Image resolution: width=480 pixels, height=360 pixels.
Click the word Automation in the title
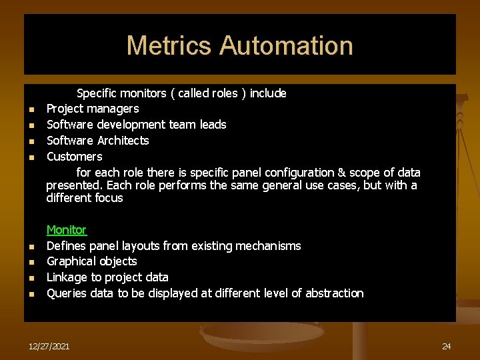pos(286,46)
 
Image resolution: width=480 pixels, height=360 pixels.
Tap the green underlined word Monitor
pos(66,230)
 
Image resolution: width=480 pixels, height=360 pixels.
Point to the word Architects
pos(123,141)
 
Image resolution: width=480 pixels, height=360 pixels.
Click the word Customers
pos(74,157)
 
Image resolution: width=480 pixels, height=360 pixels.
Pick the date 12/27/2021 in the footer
pos(49,346)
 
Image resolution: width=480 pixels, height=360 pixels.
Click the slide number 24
pos(446,346)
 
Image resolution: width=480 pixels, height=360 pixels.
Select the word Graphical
pos(71,261)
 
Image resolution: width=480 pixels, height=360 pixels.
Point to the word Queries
pos(67,293)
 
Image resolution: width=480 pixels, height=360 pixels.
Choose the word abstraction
pos(334,293)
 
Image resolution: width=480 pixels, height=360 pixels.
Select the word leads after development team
pos(212,125)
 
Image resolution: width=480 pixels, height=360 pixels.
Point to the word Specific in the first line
pos(99,93)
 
